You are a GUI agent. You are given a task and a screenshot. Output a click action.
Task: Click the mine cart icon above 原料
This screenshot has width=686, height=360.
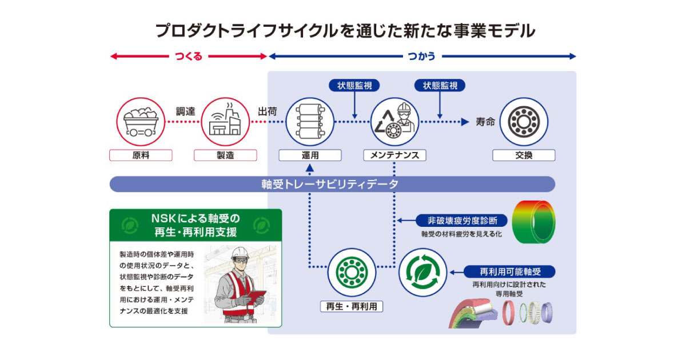[x=141, y=122]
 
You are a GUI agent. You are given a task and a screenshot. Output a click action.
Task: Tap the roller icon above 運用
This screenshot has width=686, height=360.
[x=309, y=122]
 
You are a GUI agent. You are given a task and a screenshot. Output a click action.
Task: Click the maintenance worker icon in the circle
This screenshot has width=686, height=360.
[x=394, y=122]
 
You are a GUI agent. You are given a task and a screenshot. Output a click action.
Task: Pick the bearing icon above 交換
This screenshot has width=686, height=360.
[x=524, y=122]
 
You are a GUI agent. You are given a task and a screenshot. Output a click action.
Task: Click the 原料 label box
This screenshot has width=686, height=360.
[x=141, y=155]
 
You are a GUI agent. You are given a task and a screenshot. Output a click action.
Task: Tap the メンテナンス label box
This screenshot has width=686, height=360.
[x=394, y=155]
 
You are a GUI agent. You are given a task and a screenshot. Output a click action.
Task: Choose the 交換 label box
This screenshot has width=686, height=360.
[x=524, y=155]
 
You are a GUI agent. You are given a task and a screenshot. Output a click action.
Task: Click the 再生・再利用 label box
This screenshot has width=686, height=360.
[x=352, y=306]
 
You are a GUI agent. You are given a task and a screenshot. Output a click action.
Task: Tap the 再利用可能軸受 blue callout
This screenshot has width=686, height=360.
[x=509, y=272]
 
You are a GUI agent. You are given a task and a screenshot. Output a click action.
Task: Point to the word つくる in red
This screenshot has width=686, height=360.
[x=189, y=56]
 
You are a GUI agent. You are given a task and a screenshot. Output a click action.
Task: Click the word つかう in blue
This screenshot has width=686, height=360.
[x=422, y=56]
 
